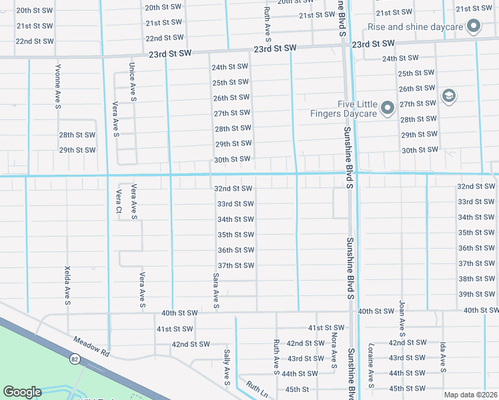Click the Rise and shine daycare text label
(x=414, y=27)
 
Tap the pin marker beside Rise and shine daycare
(x=474, y=27)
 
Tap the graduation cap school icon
(x=448, y=97)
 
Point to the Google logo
(x=23, y=392)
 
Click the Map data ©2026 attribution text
(x=470, y=395)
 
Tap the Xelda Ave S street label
(x=67, y=285)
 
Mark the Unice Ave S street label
(x=133, y=82)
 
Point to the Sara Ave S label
(x=216, y=290)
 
